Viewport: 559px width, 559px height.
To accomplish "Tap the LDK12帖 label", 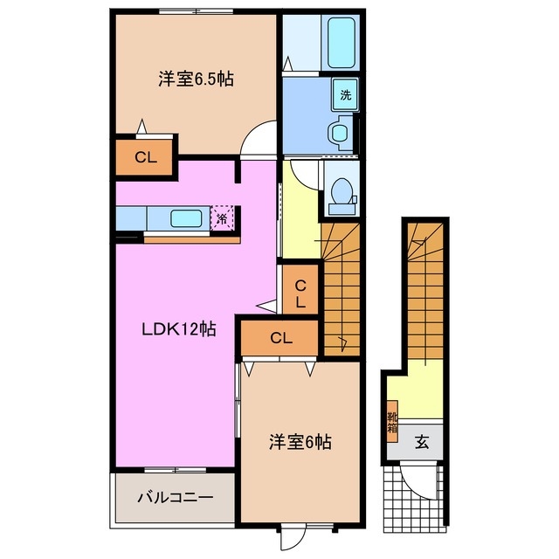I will [180, 329].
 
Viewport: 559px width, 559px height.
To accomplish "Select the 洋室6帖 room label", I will [300, 442].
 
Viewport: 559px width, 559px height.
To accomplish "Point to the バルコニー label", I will [175, 498].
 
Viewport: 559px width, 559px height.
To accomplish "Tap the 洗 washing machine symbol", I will [345, 94].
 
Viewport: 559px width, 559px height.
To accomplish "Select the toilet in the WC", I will [342, 195].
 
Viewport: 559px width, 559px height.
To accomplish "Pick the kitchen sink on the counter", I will [186, 218].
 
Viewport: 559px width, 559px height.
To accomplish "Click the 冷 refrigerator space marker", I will [223, 218].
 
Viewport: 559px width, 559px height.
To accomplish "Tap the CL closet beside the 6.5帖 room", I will [145, 158].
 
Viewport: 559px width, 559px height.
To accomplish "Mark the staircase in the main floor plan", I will [342, 288].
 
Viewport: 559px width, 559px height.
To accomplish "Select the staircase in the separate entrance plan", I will [426, 293].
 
